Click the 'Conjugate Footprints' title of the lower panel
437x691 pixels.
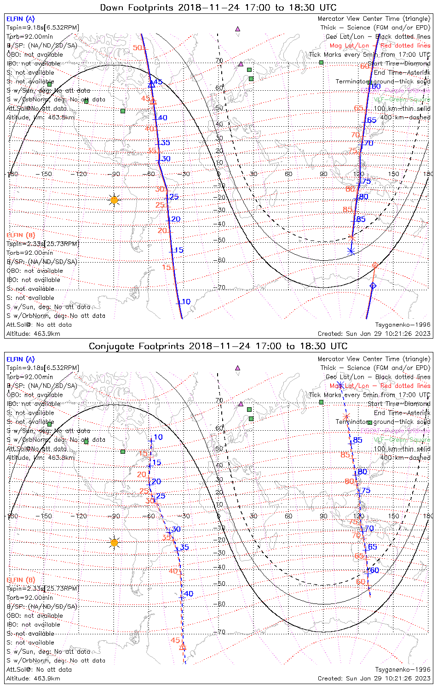tap(138, 346)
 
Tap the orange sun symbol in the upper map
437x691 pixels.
tap(115, 200)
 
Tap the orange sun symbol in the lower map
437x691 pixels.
tap(115, 543)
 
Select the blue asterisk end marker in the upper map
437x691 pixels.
tap(351, 251)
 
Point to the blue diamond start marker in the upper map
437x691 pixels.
tap(373, 286)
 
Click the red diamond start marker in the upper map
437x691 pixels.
tap(375, 266)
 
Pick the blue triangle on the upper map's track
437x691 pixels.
tap(151, 84)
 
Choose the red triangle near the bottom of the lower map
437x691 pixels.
tap(183, 647)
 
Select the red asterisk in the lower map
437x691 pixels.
tap(346, 416)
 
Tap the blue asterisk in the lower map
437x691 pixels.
tap(340, 385)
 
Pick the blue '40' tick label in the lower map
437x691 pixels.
tap(188, 594)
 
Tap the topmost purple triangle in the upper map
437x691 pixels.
tap(237, 29)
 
